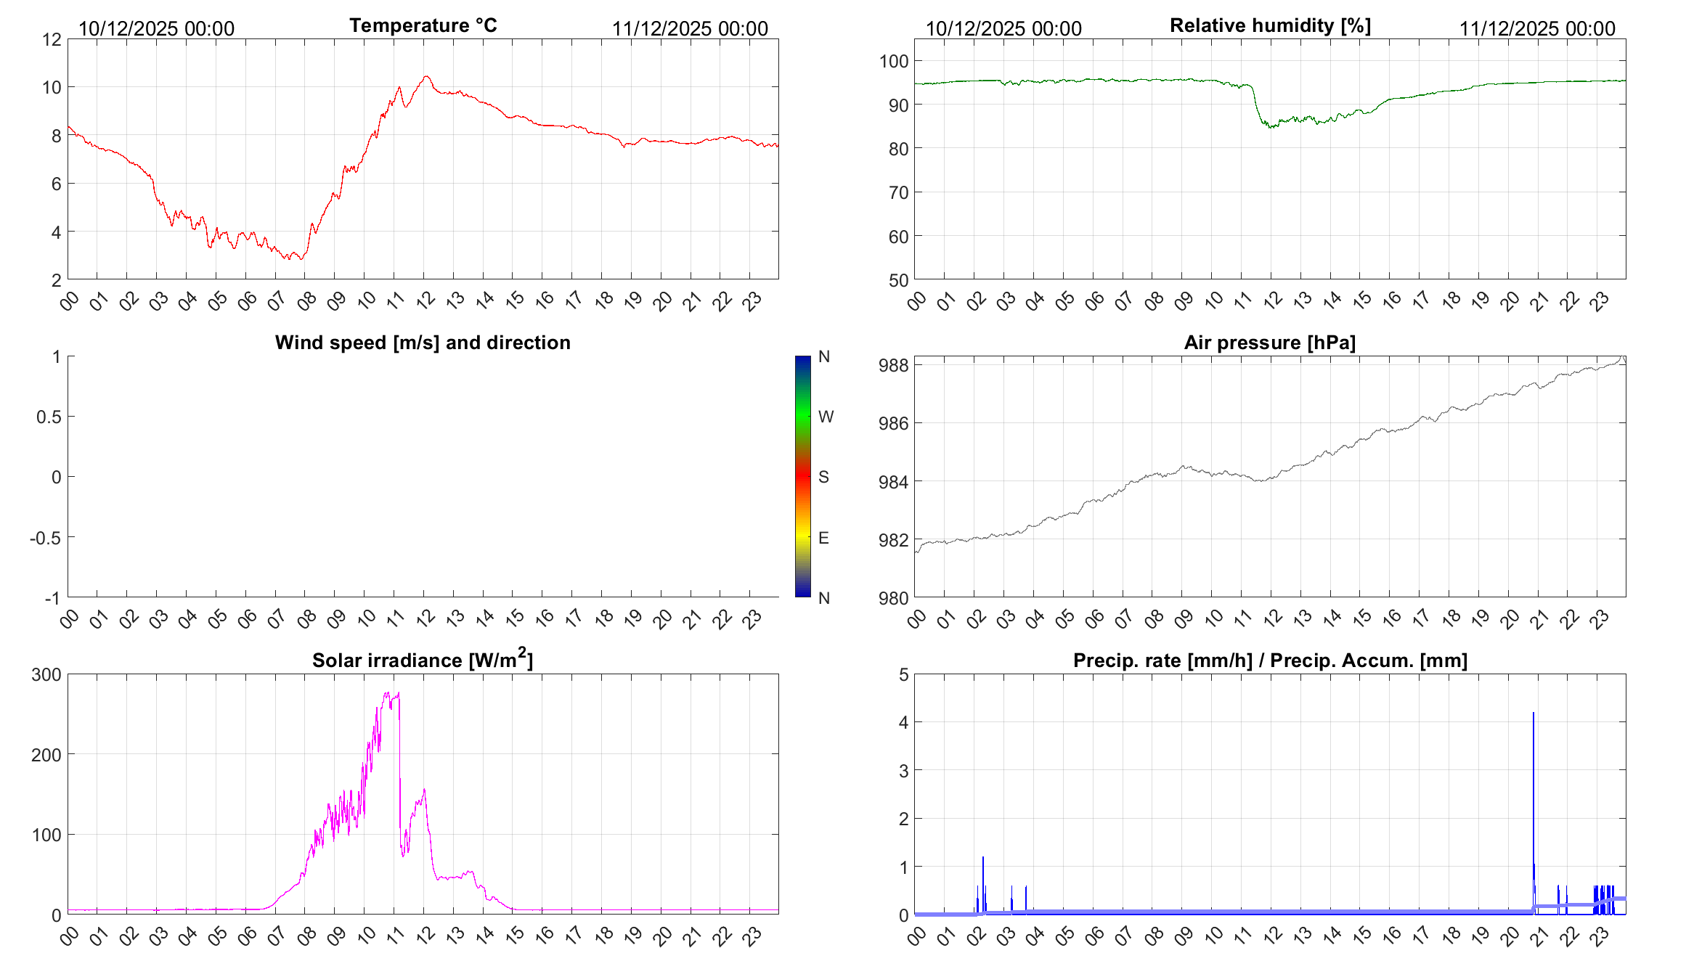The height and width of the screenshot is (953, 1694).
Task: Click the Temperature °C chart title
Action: pyautogui.click(x=423, y=25)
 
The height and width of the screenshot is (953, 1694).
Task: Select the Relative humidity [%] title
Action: pyautogui.click(x=1270, y=25)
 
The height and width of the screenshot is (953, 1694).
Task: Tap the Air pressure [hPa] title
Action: pyautogui.click(x=1269, y=343)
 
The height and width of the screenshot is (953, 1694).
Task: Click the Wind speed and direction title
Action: pyautogui.click(x=423, y=343)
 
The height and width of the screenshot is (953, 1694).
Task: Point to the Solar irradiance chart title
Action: pyautogui.click(x=423, y=660)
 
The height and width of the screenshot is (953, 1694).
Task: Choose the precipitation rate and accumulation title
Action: pyautogui.click(x=1270, y=660)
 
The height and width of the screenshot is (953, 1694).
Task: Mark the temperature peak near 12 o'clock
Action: pyautogui.click(x=426, y=77)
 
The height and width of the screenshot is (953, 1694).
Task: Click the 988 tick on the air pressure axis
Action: pyautogui.click(x=893, y=365)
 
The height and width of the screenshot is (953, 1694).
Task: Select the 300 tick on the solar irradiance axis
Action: pyautogui.click(x=46, y=674)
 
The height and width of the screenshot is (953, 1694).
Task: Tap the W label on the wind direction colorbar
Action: pyautogui.click(x=826, y=417)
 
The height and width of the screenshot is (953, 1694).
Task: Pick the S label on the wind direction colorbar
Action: pyautogui.click(x=823, y=477)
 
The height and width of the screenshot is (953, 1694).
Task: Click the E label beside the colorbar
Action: pyautogui.click(x=823, y=538)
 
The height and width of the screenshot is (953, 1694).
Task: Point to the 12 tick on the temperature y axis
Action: pyautogui.click(x=52, y=39)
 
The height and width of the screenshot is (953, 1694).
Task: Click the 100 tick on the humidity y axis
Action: pyautogui.click(x=894, y=61)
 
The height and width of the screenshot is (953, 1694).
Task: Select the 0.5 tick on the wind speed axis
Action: pyautogui.click(x=49, y=417)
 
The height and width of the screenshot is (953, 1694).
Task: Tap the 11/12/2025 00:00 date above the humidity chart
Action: pyautogui.click(x=1537, y=28)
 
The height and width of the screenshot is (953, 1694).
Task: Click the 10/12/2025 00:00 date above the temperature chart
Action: pyautogui.click(x=156, y=28)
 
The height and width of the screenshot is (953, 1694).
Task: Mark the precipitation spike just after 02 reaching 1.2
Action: pyautogui.click(x=983, y=859)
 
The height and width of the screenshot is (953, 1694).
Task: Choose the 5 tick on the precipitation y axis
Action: pyautogui.click(x=903, y=674)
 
